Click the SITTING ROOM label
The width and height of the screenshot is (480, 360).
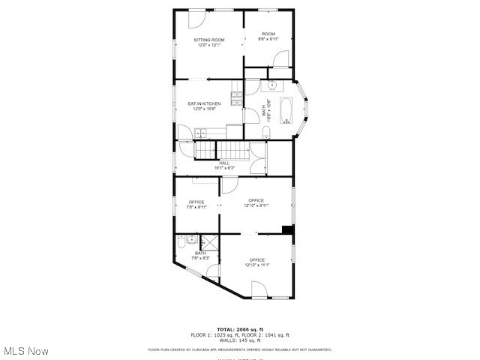click(x=209, y=40)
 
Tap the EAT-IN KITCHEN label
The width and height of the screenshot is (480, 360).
click(x=204, y=103)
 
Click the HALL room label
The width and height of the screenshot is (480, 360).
click(x=224, y=163)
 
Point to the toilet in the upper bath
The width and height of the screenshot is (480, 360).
click(x=266, y=133)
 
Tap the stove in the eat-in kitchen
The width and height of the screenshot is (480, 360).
click(x=237, y=97)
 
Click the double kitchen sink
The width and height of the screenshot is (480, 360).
click(x=201, y=133)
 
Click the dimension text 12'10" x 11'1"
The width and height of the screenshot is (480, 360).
click(x=256, y=265)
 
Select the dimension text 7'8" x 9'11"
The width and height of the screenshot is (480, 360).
click(x=196, y=207)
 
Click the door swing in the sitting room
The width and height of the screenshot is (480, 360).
click(x=196, y=19)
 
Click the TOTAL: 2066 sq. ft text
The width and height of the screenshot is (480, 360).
click(x=240, y=329)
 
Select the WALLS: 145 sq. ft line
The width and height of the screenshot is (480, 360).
click(x=240, y=340)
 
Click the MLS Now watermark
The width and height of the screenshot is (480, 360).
click(x=26, y=351)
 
